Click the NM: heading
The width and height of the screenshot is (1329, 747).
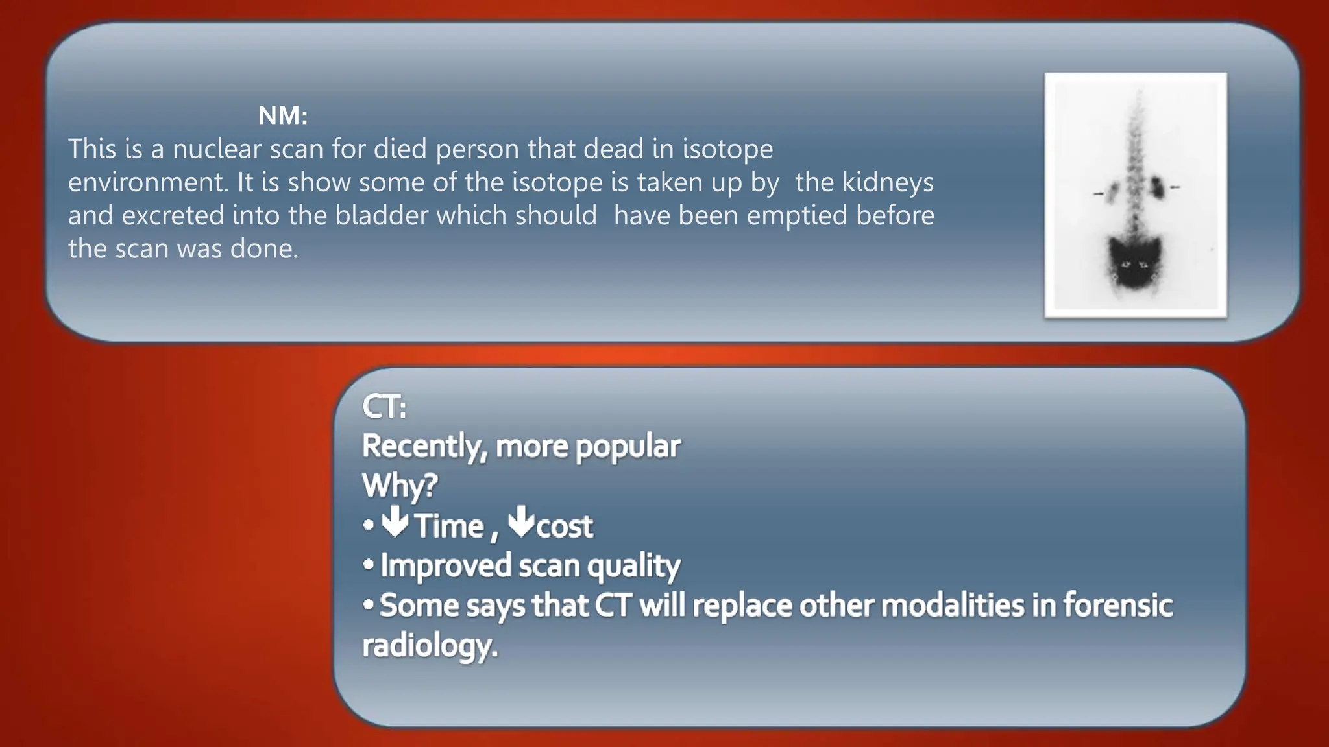(282, 116)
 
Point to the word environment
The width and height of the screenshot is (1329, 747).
(148, 182)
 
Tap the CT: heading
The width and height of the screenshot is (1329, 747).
(384, 407)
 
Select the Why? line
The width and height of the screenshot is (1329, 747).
(400, 486)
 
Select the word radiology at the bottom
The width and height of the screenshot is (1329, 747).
(429, 646)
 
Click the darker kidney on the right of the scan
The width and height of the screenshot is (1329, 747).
(1156, 187)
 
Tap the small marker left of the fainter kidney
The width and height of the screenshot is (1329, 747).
(1098, 193)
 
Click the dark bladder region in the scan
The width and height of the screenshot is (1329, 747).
(1134, 263)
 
